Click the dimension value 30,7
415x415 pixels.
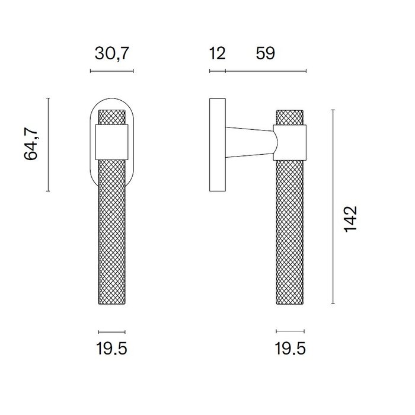[x=111, y=54]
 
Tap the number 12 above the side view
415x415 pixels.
[x=218, y=54]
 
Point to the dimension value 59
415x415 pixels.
[x=265, y=54]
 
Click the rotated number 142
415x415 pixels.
[x=351, y=220]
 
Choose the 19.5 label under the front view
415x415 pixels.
[x=111, y=349]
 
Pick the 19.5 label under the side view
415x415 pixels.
[x=290, y=349]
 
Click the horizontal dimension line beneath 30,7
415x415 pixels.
[x=111, y=71]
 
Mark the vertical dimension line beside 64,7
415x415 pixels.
[x=48, y=145]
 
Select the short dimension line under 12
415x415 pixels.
[x=218, y=72]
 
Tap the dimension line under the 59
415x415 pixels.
[x=266, y=72]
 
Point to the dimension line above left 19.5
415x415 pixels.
[x=111, y=331]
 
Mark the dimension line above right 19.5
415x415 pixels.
[x=290, y=331]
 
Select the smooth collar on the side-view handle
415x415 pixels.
[x=290, y=142]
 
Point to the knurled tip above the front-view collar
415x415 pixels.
[x=111, y=117]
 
